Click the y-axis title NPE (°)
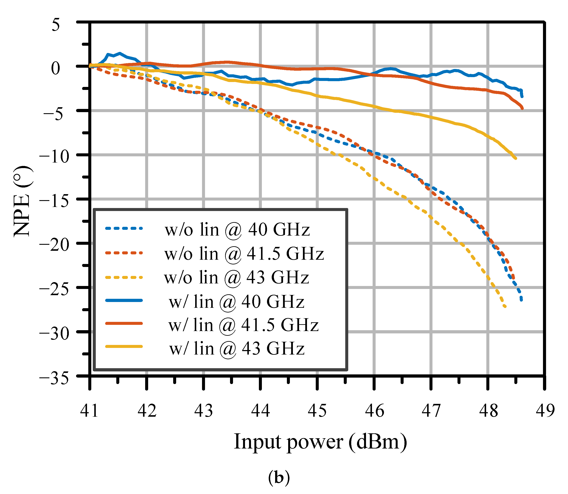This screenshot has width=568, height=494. [23, 201]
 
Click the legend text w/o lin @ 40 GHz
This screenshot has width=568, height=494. [237, 229]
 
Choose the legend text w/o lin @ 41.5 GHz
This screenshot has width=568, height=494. [244, 253]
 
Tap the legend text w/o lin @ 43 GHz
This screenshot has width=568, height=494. [236, 277]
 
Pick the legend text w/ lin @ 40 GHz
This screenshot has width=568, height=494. [236, 302]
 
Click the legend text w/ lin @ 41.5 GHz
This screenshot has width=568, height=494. [243, 325]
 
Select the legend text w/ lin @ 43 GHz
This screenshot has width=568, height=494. [237, 349]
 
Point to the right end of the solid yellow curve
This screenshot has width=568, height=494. [516, 158]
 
